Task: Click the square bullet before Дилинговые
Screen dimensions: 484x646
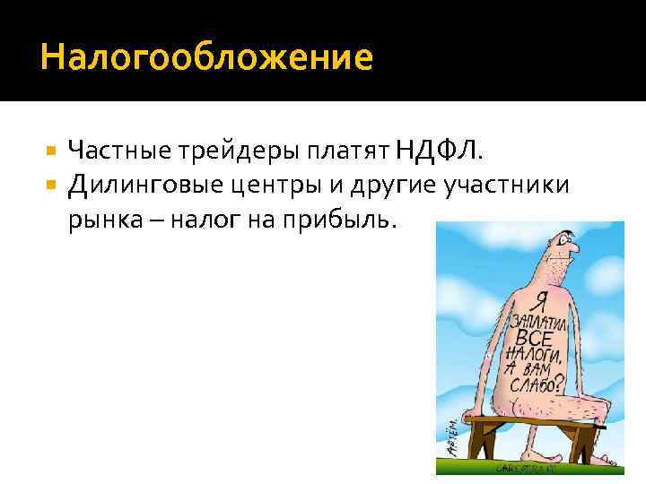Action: pos(50,185)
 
